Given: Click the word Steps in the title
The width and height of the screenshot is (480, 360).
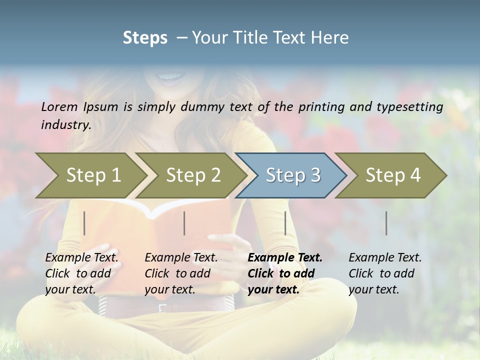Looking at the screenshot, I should pyautogui.click(x=145, y=38).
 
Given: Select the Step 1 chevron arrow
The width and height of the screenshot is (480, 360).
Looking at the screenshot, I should pyautogui.click(x=90, y=175).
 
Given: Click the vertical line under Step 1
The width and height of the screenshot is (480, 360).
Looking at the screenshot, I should pyautogui.click(x=84, y=223).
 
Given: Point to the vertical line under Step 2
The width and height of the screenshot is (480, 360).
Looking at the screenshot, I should pyautogui.click(x=184, y=223).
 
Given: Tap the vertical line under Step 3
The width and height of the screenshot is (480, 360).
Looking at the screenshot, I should pyautogui.click(x=285, y=223).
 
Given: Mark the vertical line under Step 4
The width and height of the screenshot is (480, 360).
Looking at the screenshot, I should pyautogui.click(x=386, y=223).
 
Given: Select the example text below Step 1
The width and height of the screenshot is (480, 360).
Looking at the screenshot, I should pyautogui.click(x=81, y=273).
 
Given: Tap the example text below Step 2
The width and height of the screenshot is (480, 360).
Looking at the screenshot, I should pyautogui.click(x=181, y=273).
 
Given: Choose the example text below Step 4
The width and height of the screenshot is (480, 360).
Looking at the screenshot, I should pyautogui.click(x=385, y=273).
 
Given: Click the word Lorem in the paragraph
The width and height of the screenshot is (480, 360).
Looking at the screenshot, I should pyautogui.click(x=59, y=106).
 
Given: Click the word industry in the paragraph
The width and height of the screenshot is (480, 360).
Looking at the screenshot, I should pyautogui.click(x=66, y=124).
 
